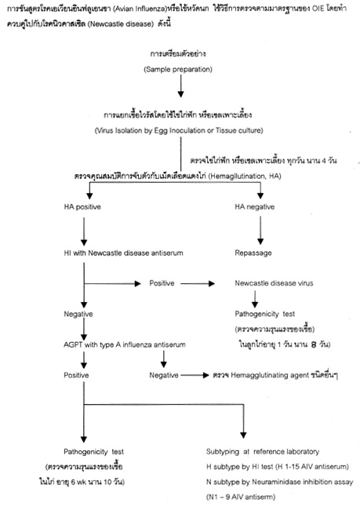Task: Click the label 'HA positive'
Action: pyautogui.click(x=89, y=206)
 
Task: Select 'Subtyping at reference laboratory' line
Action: pyautogui.click(x=273, y=453)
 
